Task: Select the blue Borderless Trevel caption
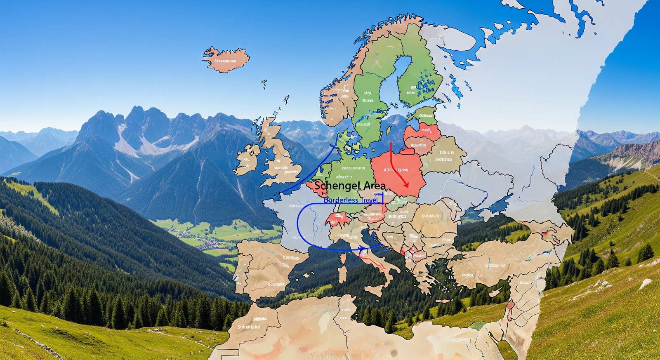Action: pyautogui.click(x=351, y=200)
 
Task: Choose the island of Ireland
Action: pyautogui.click(x=248, y=158)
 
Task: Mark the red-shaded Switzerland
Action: pyautogui.click(x=336, y=219)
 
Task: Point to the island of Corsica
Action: pyautogui.click(x=343, y=258)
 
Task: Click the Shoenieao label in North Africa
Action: pyautogui.click(x=249, y=327)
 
